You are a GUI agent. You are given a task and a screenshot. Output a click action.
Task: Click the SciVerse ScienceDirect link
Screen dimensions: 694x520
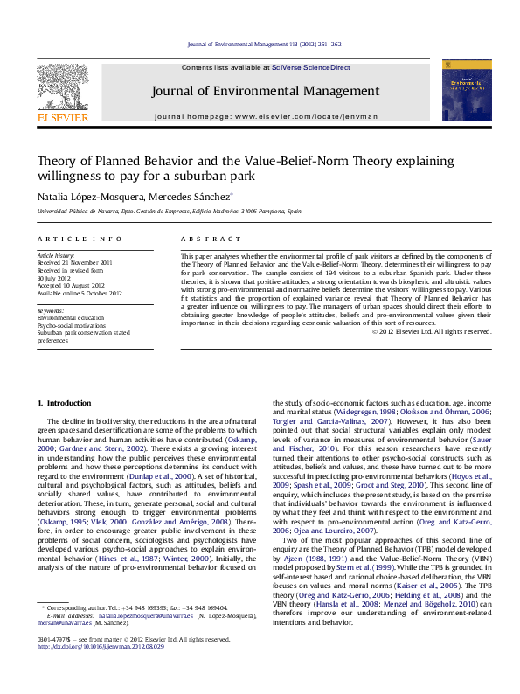click(310, 67)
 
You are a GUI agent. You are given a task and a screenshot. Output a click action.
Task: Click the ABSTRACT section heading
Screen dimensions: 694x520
click(204, 239)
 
